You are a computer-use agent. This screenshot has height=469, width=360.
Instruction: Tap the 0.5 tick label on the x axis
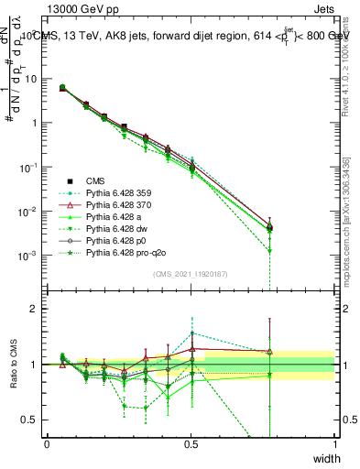pyautogui.click(x=191, y=443)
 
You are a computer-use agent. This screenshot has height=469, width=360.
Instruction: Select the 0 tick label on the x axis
pyautogui.click(x=47, y=443)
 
